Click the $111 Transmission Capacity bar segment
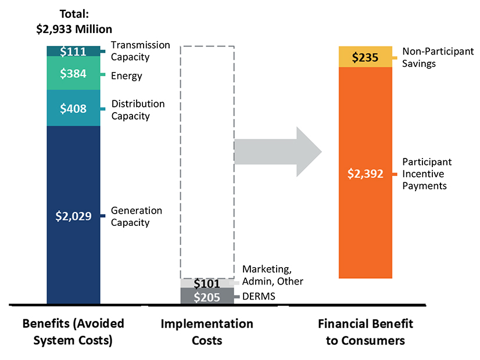click(x=73, y=51)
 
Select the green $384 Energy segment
click(x=73, y=73)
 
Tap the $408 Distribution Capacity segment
click(x=73, y=108)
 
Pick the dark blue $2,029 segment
click(x=73, y=215)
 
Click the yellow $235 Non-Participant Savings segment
click(x=365, y=57)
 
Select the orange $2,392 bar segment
click(x=365, y=173)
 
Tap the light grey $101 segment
click(x=207, y=283)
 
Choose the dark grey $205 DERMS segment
click(x=207, y=296)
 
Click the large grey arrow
click(x=278, y=152)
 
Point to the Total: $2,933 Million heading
click(x=73, y=21)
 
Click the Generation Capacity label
click(x=137, y=216)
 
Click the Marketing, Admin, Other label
click(x=273, y=275)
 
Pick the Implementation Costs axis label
click(x=207, y=332)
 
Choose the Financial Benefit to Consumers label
click(x=365, y=332)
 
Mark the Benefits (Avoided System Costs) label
click(x=73, y=332)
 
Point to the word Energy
click(x=126, y=76)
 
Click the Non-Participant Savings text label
click(x=438, y=57)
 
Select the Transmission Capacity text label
click(x=140, y=51)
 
